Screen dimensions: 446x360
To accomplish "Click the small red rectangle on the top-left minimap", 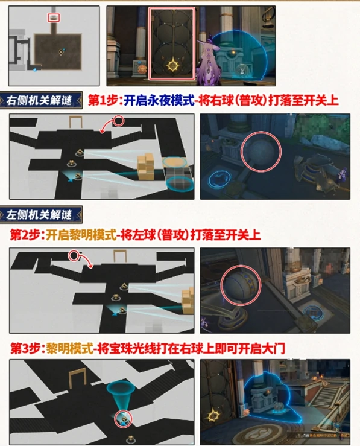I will [54, 19].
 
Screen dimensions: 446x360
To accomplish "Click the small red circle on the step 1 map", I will [118, 121].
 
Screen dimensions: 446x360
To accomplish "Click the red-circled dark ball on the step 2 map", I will [74, 256].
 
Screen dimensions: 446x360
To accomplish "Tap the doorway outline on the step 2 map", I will [118, 253].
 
